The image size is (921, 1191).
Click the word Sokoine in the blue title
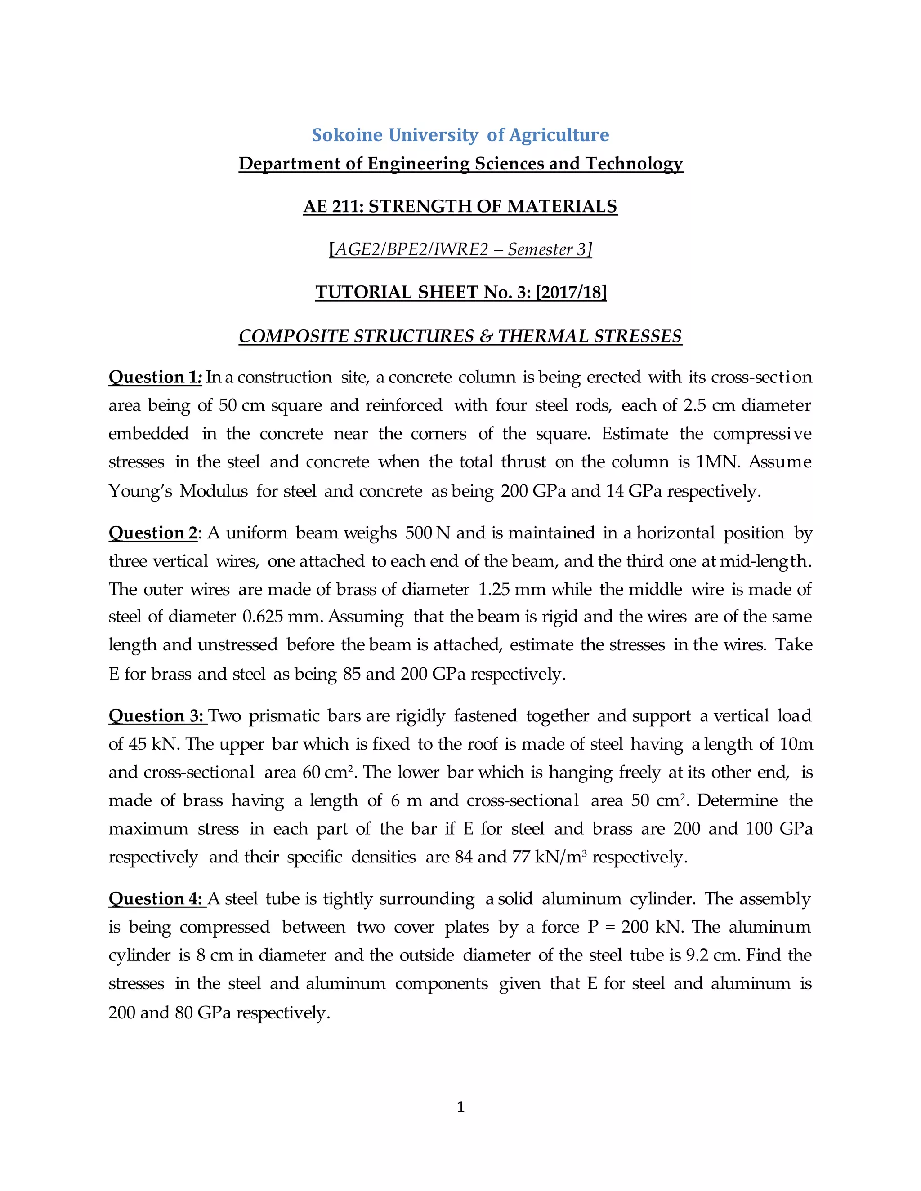click(x=347, y=135)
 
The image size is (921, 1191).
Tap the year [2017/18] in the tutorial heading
click(x=571, y=293)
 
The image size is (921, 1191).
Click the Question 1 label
click(x=155, y=378)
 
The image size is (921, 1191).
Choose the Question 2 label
click(x=153, y=533)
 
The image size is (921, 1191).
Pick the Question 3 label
click(x=156, y=716)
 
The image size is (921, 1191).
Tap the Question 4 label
click(x=156, y=899)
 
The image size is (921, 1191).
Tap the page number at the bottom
click(x=460, y=1107)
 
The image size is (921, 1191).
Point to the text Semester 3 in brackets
click(x=547, y=250)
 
